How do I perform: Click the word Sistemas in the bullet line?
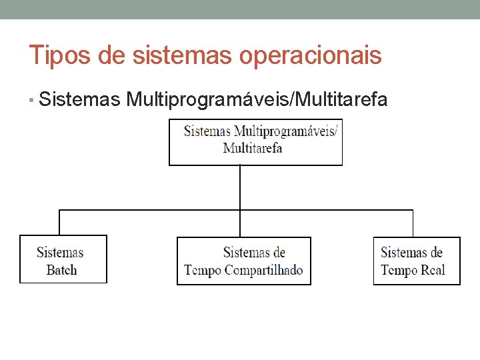click(80, 100)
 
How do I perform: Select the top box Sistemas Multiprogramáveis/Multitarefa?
click(255, 142)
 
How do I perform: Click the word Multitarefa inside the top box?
click(253, 148)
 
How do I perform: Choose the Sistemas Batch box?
click(63, 259)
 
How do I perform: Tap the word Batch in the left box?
click(62, 270)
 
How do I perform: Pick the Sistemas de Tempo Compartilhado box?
click(244, 261)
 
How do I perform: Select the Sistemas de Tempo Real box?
click(417, 261)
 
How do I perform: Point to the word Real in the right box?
click(433, 270)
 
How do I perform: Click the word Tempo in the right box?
click(399, 270)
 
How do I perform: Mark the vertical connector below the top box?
click(240, 187)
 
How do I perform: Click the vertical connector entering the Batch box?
click(60, 223)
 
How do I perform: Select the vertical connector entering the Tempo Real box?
click(413, 223)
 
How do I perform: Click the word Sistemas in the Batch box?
click(60, 253)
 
